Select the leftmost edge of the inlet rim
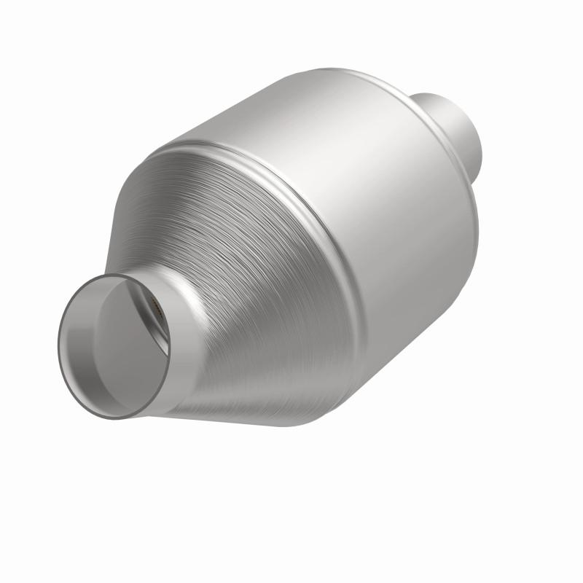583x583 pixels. tap(58, 343)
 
